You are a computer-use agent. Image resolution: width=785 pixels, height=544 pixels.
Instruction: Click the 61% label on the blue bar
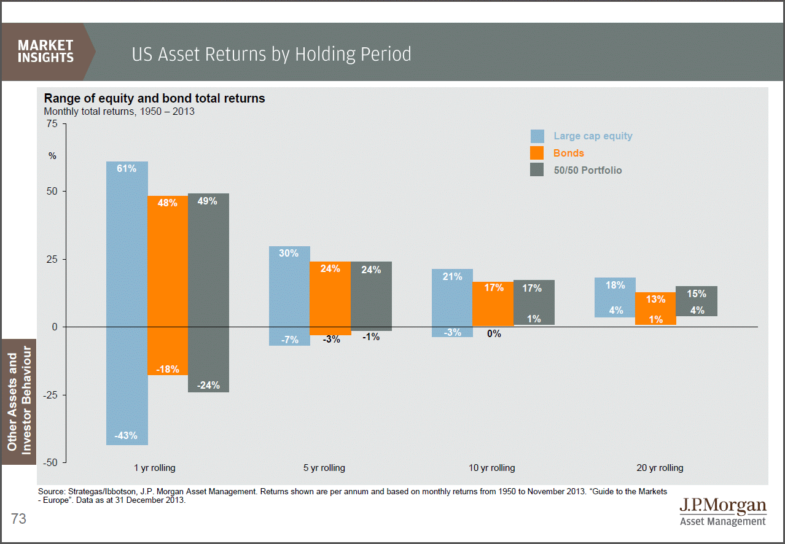(x=127, y=168)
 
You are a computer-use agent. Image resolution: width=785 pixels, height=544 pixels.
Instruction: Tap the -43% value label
(x=127, y=436)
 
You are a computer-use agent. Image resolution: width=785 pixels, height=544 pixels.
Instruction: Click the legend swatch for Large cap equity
(x=537, y=136)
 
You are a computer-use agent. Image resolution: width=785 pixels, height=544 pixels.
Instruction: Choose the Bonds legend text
(x=569, y=153)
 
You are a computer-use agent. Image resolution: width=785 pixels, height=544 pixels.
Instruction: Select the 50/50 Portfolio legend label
(x=588, y=170)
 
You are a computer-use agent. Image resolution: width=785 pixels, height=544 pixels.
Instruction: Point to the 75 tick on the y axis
(x=52, y=124)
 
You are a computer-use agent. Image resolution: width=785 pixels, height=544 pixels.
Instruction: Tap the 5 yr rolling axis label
(x=324, y=468)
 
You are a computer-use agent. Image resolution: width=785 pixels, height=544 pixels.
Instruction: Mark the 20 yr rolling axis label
(x=660, y=468)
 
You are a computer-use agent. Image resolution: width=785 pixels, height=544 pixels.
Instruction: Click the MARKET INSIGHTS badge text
(x=45, y=52)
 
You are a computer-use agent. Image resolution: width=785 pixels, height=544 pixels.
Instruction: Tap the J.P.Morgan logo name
(x=723, y=506)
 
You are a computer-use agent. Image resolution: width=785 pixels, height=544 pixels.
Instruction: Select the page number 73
(x=18, y=519)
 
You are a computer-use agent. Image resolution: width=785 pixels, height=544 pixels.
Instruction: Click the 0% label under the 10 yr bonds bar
(x=494, y=334)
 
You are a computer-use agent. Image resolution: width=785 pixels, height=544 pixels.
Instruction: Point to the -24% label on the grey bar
(x=208, y=386)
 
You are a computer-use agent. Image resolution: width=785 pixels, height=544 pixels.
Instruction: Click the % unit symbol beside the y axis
(x=52, y=156)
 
